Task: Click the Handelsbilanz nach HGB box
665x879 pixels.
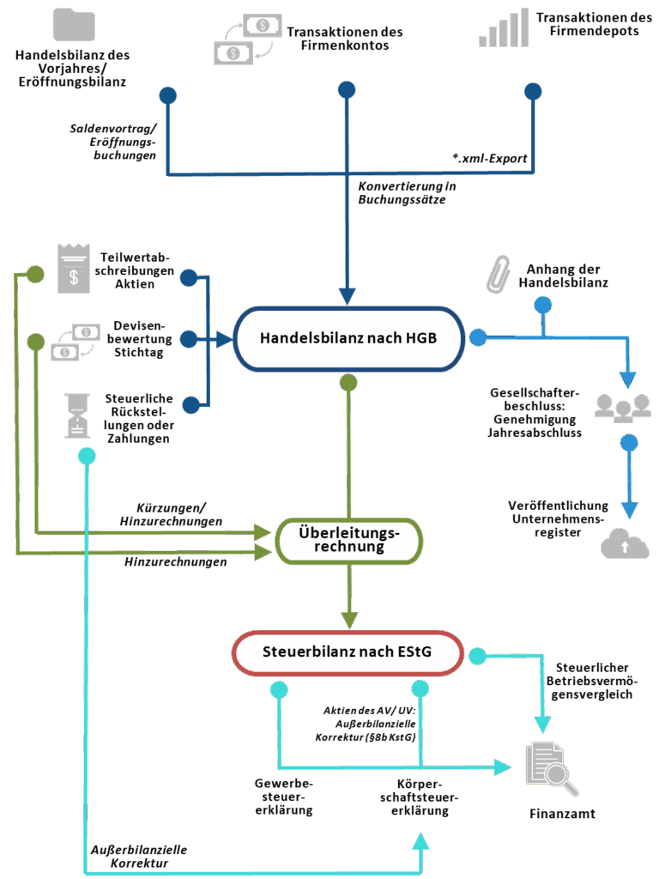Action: point(348,337)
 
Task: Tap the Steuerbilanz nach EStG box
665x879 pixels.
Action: point(348,652)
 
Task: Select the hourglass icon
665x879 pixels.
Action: point(78,415)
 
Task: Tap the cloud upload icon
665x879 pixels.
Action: point(625,544)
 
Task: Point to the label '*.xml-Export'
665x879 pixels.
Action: point(489,158)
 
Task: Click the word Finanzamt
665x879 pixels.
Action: point(562,813)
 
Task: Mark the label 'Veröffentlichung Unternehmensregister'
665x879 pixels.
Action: point(559,518)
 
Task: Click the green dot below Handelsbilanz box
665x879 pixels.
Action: point(348,382)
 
